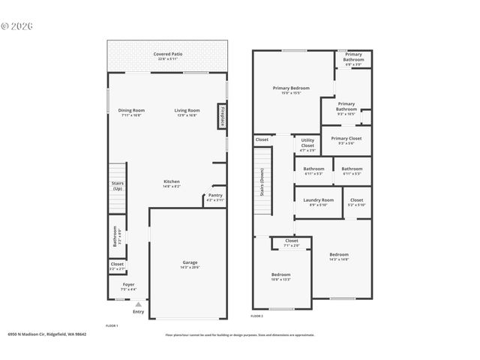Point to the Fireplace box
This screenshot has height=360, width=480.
click(223, 116)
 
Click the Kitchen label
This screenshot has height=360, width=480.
click(172, 183)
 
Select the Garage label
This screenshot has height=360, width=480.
click(189, 265)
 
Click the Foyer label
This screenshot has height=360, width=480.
click(128, 286)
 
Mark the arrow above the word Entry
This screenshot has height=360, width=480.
click(138, 305)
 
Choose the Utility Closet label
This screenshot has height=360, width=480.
click(307, 142)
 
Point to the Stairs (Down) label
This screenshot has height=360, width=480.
click(262, 182)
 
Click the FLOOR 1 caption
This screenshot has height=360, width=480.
click(112, 325)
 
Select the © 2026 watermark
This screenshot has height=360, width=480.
click(16, 25)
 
